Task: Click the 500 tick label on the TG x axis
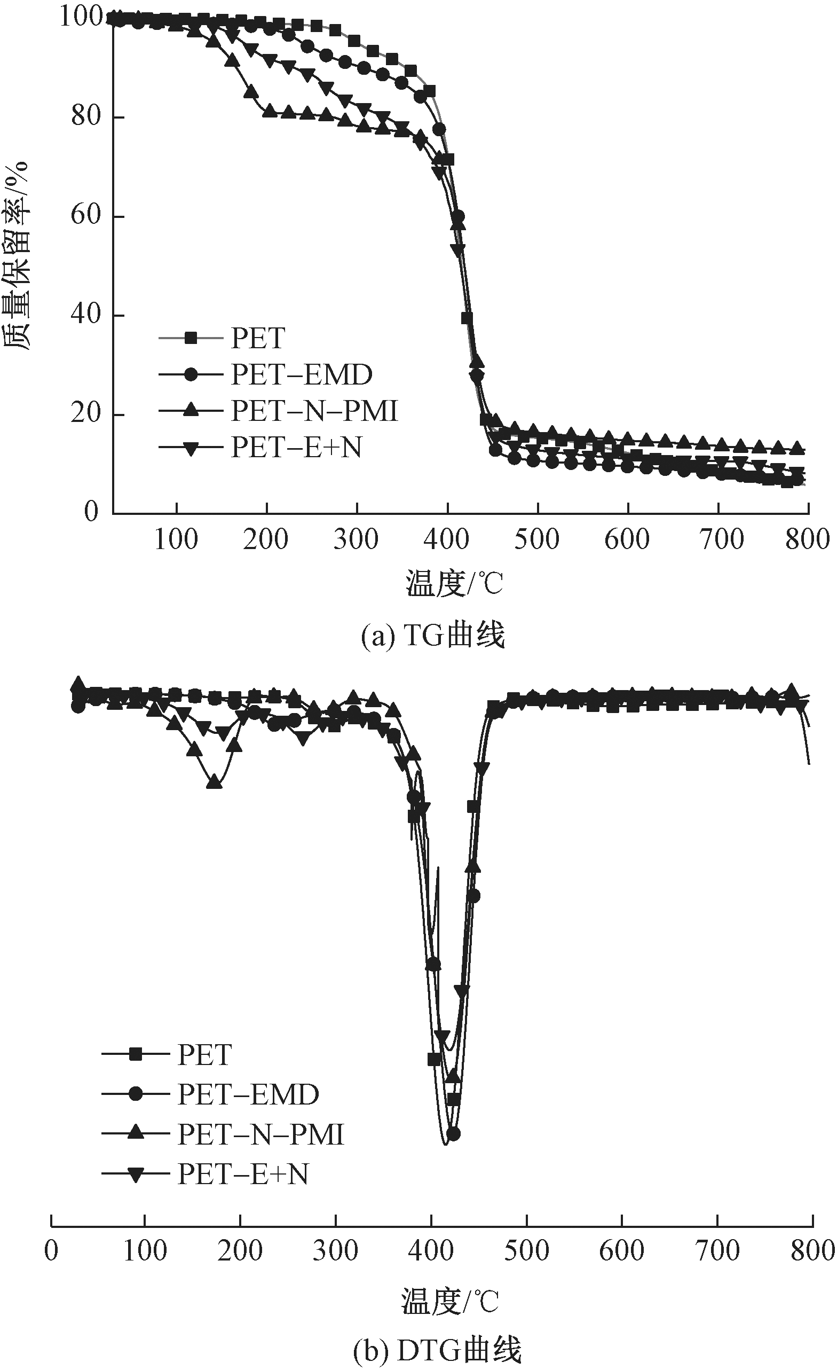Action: click(537, 540)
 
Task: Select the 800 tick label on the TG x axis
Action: click(808, 540)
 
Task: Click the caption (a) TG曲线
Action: click(433, 636)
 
